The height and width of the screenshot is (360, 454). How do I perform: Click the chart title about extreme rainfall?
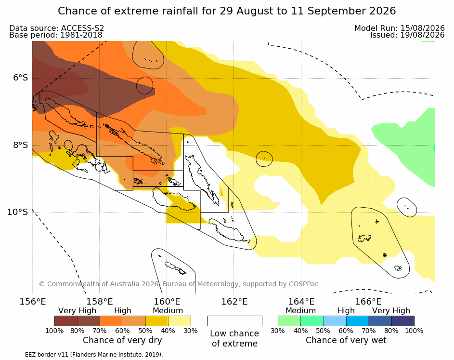pos(227,11)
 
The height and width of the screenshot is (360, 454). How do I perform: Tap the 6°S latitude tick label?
pos(20,78)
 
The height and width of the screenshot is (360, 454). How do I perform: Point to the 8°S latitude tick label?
pos(20,145)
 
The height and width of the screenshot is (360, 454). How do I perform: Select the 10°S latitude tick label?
pos(18,212)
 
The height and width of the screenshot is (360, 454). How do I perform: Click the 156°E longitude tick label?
pos(32,302)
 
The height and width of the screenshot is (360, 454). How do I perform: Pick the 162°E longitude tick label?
pos(234,302)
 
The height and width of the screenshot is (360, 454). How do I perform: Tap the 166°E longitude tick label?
pos(368,302)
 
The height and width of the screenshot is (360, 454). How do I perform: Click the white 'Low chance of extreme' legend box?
pos(235,321)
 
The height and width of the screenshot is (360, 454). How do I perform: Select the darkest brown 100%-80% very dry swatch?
pos(66,321)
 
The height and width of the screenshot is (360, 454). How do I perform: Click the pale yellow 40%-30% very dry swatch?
pos(180,321)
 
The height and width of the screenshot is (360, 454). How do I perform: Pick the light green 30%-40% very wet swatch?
pos(289,321)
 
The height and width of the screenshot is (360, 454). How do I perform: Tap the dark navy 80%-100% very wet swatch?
pos(403,321)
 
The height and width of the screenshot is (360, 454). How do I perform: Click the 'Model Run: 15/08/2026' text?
pos(399,28)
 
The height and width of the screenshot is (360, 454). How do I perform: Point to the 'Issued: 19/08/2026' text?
pos(407,35)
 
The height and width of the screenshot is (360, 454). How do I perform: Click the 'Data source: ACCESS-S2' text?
pos(56,28)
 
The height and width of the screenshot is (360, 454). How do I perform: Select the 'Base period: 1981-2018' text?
pos(56,35)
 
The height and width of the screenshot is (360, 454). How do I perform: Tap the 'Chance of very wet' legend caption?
pos(346,340)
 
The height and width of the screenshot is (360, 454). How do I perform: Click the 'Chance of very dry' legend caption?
pos(122,340)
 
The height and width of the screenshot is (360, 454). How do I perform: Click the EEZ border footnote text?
pos(84,355)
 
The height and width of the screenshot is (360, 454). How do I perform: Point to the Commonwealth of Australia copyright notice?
pos(179,284)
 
